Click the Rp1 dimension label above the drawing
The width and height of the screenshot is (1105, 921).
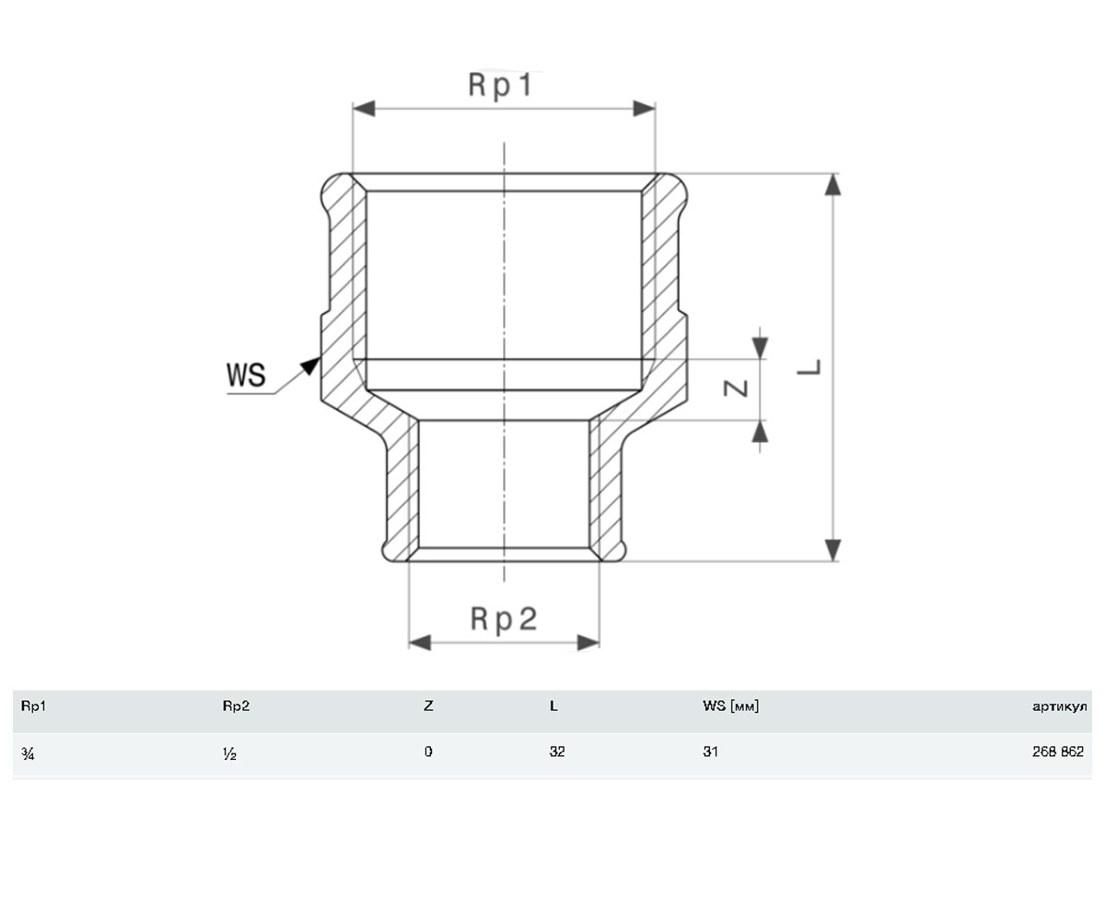(500, 86)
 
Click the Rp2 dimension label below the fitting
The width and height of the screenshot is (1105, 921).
(504, 619)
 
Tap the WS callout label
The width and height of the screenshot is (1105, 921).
(246, 375)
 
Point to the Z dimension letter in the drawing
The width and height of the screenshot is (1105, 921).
(736, 389)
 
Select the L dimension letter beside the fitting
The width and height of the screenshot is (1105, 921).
(809, 367)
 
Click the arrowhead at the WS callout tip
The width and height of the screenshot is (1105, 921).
(311, 366)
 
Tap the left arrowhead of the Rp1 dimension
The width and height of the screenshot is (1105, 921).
(364, 109)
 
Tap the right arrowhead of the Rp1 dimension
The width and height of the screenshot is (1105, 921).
(644, 109)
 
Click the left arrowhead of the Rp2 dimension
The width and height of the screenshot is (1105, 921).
(420, 643)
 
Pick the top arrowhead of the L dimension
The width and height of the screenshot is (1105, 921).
(833, 184)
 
